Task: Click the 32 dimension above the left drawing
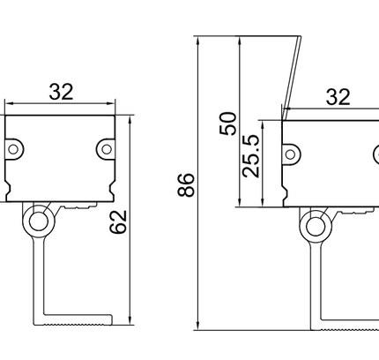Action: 61,92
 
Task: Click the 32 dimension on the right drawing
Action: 338,97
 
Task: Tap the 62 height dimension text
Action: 118,222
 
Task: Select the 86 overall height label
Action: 186,184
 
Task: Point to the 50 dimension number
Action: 228,124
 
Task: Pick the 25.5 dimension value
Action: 251,156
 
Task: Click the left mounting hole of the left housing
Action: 13,149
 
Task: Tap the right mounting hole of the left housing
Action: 107,149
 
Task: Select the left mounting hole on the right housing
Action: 290,154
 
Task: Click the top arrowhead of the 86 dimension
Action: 197,41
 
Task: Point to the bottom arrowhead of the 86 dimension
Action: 197,326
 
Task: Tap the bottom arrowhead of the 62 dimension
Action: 130,320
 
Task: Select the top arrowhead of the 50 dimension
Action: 240,41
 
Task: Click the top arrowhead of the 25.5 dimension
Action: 263,124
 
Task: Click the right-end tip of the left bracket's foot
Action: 112,319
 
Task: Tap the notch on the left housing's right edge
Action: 112,187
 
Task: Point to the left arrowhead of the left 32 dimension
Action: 10,103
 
